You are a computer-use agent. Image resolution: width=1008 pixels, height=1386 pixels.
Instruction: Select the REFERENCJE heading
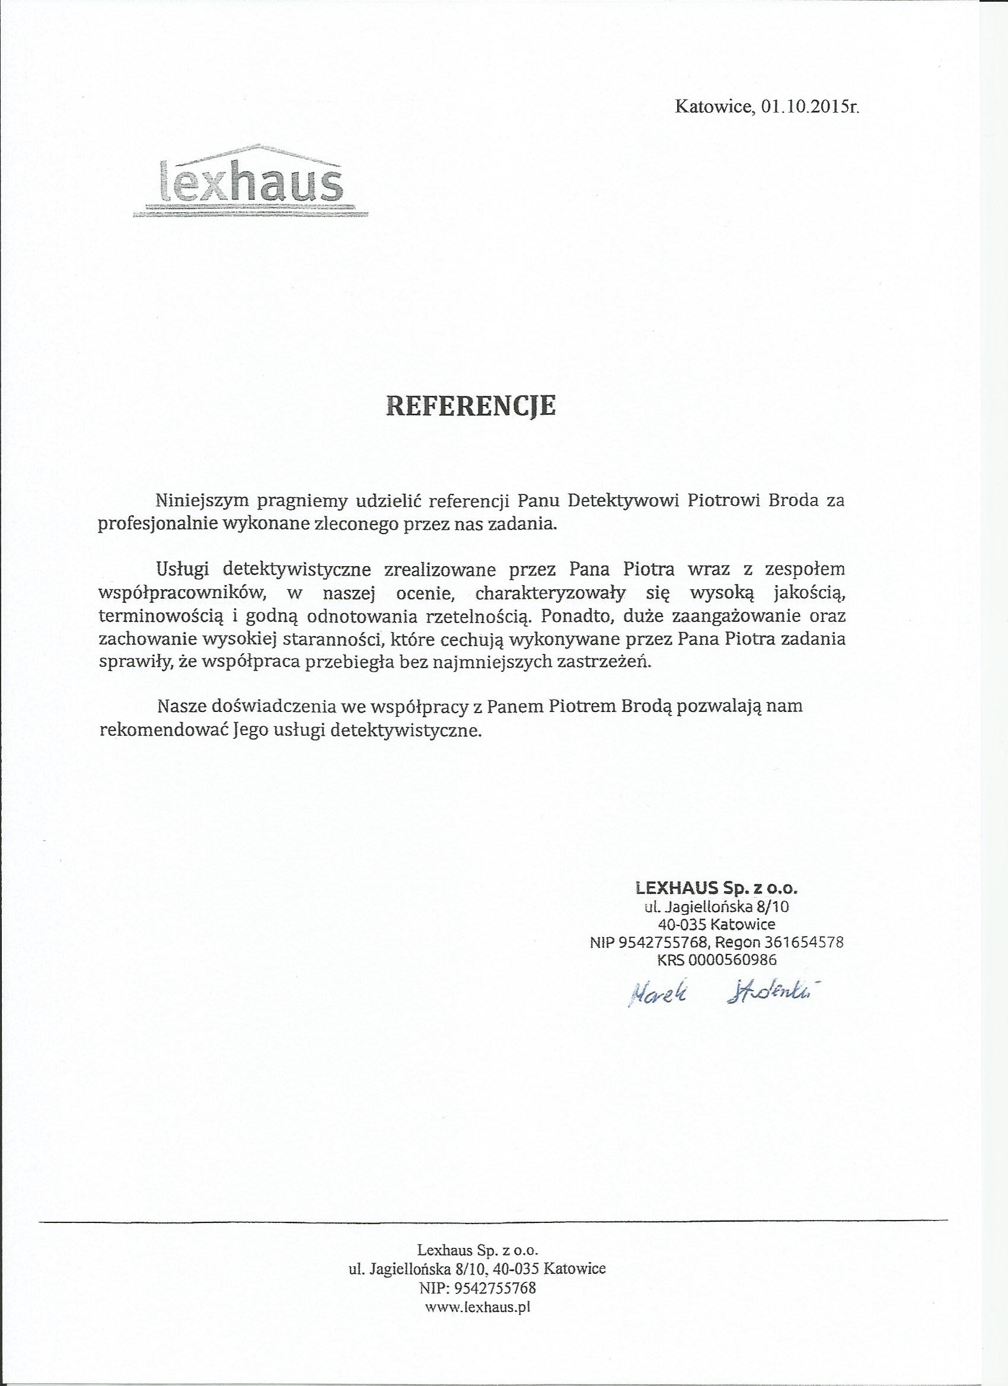[471, 405]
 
